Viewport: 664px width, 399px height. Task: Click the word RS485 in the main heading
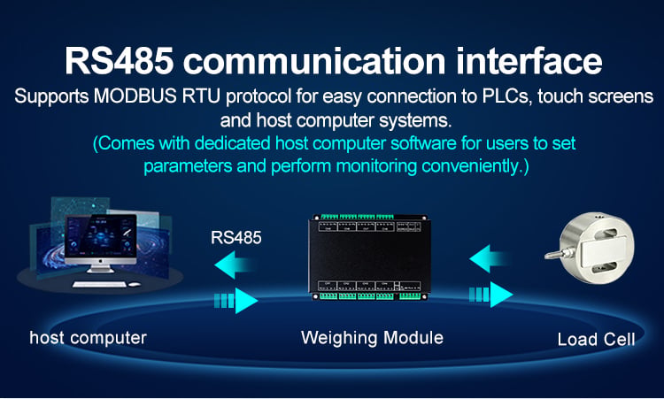pos(119,60)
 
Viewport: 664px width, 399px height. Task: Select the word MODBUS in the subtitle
pos(135,96)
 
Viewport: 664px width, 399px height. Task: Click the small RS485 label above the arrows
pos(235,237)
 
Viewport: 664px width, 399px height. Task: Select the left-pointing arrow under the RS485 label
pos(235,265)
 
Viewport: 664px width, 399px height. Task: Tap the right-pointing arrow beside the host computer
pos(235,301)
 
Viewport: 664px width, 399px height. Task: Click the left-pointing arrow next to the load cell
pos(490,258)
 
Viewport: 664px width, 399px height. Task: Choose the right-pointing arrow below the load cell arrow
pos(491,294)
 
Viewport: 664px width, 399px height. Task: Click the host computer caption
pos(88,338)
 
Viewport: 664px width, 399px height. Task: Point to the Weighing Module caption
pos(372,338)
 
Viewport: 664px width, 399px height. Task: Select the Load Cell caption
pos(596,340)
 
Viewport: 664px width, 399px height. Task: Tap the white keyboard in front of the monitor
pos(99,284)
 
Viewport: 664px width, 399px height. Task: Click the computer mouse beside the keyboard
pos(135,284)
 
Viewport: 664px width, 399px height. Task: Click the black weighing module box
pos(369,257)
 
